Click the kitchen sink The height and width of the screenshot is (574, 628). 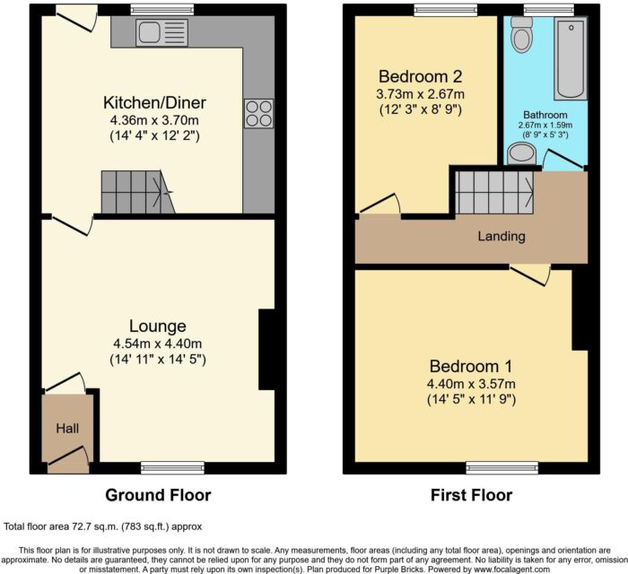coord(162,33)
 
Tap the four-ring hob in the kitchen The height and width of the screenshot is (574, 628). coord(258,114)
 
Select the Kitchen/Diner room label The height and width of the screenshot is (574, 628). coord(154,103)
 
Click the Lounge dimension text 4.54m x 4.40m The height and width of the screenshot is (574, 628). coord(157,344)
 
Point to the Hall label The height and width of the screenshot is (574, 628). coord(67,429)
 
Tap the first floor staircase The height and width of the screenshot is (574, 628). coord(494,193)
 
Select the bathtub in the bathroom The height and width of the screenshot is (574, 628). coord(571,58)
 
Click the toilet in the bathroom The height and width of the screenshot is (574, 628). coord(521,35)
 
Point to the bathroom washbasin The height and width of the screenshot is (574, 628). coord(521,155)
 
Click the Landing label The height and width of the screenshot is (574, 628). coord(502,236)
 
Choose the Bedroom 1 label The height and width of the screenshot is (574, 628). coord(471,366)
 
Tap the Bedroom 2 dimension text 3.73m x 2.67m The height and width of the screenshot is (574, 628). coord(420,94)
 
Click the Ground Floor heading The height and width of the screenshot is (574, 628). coord(158,495)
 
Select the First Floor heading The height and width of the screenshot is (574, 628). coord(471,495)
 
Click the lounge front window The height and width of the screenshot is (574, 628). coord(172,467)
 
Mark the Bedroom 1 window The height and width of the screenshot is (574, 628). coord(502,467)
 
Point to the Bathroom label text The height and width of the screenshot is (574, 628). coord(545,116)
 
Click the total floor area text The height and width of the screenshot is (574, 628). coord(103,526)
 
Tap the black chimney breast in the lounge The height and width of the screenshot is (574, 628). coord(266,349)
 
